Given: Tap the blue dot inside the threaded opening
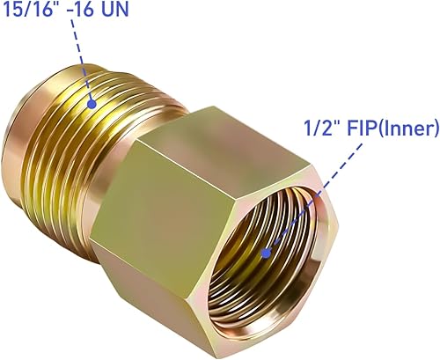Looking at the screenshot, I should pyautogui.click(x=267, y=253).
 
